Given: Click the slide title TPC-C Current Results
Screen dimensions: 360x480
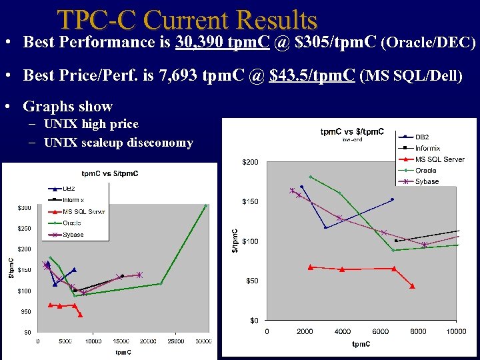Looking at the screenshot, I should tap(187, 20).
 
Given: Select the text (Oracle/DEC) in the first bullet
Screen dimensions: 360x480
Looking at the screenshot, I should tap(428, 43).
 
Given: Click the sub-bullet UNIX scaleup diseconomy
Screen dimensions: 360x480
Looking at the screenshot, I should tap(118, 143).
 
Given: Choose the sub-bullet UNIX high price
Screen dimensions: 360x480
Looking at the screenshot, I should tap(91, 124).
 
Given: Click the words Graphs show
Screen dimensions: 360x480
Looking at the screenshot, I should tap(67, 106).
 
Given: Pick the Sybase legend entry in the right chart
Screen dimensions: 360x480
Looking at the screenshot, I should tap(427, 181).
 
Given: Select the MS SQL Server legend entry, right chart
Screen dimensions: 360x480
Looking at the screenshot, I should tap(439, 159).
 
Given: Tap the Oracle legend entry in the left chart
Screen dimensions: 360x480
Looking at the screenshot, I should tap(72, 223).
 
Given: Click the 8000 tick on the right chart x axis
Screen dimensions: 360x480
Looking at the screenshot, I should tap(418, 332).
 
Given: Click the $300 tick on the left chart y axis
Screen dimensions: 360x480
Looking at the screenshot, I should tap(24, 208).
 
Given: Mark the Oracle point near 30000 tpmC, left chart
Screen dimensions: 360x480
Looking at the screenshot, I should tap(206, 206).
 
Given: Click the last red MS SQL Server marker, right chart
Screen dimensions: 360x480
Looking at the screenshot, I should tap(412, 286).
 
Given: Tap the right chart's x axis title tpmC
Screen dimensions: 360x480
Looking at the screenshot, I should tap(361, 344).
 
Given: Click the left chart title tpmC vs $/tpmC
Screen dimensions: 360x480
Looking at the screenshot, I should tap(110, 174).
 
